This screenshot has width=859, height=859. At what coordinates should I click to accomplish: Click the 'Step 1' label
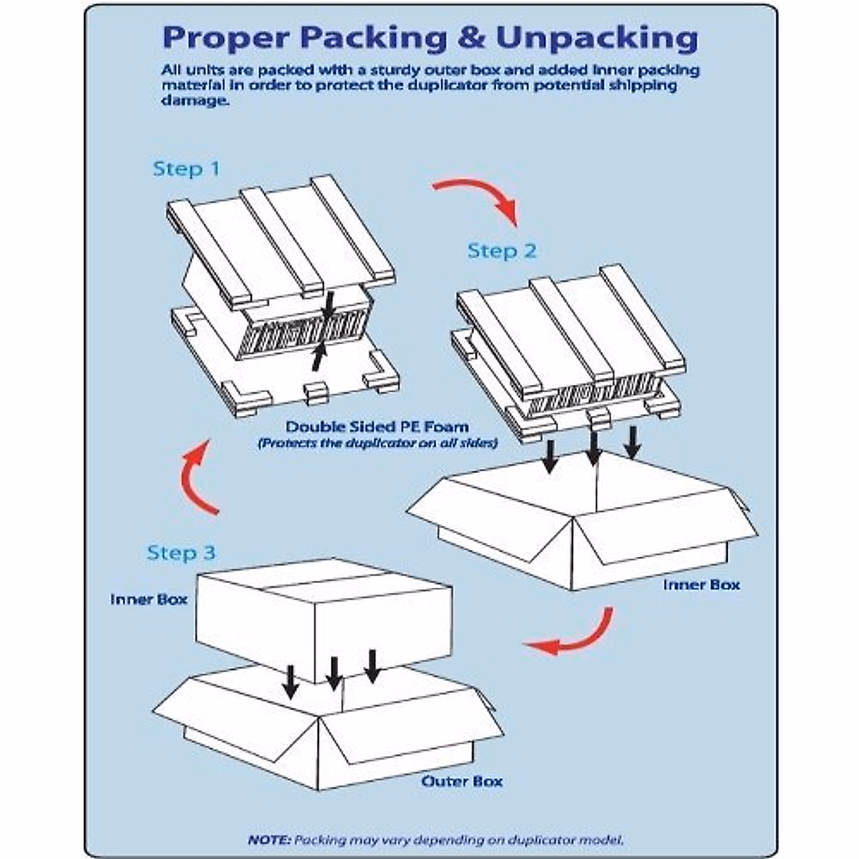pyautogui.click(x=186, y=170)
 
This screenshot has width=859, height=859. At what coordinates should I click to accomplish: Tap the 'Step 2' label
pyautogui.click(x=501, y=251)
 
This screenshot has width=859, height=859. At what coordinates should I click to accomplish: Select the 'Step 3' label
pyautogui.click(x=181, y=553)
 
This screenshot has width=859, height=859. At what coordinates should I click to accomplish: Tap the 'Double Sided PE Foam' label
pyautogui.click(x=377, y=427)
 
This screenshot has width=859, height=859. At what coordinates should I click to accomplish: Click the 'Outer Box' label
pyautogui.click(x=462, y=780)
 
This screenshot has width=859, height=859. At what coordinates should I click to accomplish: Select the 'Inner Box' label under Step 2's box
pyautogui.click(x=701, y=585)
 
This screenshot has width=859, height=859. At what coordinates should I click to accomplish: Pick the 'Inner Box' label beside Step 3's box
pyautogui.click(x=149, y=599)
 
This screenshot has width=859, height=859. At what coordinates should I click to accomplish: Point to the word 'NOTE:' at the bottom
pyautogui.click(x=270, y=840)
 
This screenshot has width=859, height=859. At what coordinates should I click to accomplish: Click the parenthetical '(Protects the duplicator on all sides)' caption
pyautogui.click(x=377, y=444)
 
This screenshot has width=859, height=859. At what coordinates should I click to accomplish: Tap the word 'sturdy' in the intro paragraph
pyautogui.click(x=397, y=71)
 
